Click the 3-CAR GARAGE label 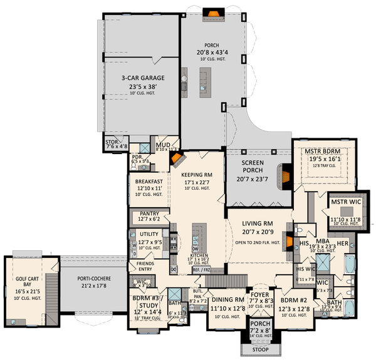(x=139, y=78)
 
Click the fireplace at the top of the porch (x=213, y=11)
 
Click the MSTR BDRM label (x=323, y=151)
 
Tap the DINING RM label (x=227, y=300)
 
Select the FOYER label (x=259, y=294)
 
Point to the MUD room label (x=162, y=143)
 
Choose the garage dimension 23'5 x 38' (x=138, y=86)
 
